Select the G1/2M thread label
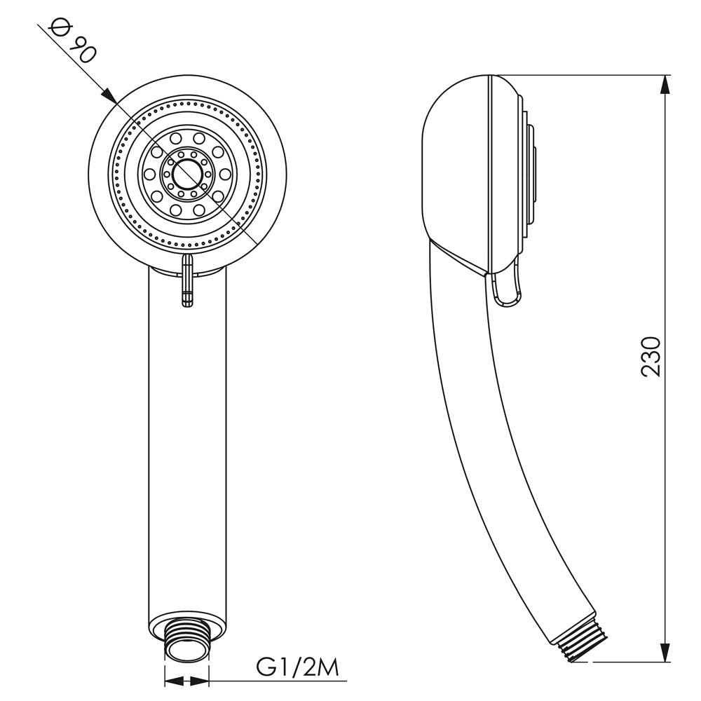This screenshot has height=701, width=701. pos(298,667)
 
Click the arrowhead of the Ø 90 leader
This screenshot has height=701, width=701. pos(109,95)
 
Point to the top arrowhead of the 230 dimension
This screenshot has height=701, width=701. pos(666,85)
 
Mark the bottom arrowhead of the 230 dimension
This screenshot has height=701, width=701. pos(666,652)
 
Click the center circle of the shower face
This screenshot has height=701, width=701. pos(188,174)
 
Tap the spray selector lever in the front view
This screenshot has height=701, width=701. pos(188,280)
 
